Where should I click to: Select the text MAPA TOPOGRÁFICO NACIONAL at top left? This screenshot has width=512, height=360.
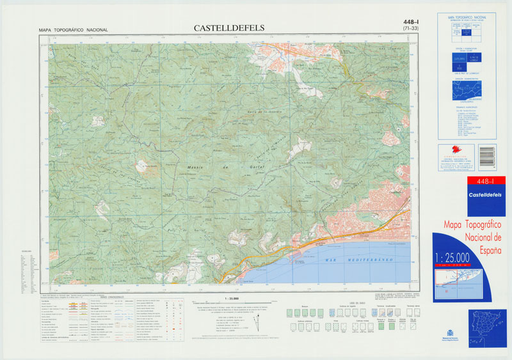click(x=73, y=30)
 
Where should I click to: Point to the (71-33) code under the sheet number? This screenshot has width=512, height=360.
click(x=406, y=29)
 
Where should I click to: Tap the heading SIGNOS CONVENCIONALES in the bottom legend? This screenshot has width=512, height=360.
click(x=112, y=297)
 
